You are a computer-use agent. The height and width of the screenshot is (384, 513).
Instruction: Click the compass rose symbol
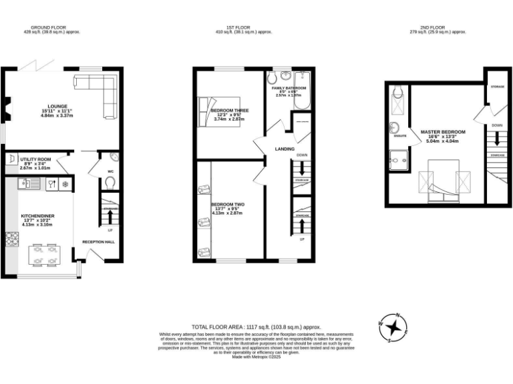(395, 327)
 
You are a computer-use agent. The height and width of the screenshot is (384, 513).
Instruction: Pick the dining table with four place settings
(44, 256)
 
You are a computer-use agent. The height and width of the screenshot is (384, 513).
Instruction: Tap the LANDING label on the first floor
(285, 149)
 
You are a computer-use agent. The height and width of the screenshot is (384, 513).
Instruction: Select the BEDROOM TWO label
(227, 204)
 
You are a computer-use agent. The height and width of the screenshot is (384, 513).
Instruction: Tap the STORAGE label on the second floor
(496, 86)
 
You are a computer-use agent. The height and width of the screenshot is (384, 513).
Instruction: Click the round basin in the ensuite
(395, 128)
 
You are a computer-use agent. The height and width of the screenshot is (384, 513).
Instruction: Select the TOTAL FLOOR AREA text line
(256, 327)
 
